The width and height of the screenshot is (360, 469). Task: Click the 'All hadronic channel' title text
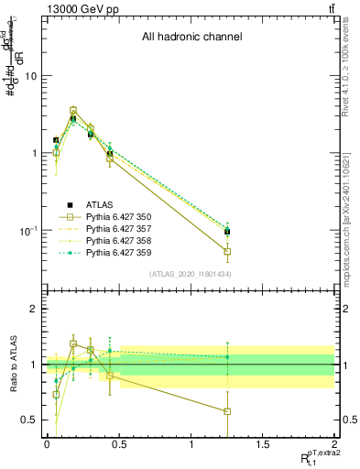click(191, 38)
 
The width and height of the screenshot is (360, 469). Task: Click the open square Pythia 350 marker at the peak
click(73, 110)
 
